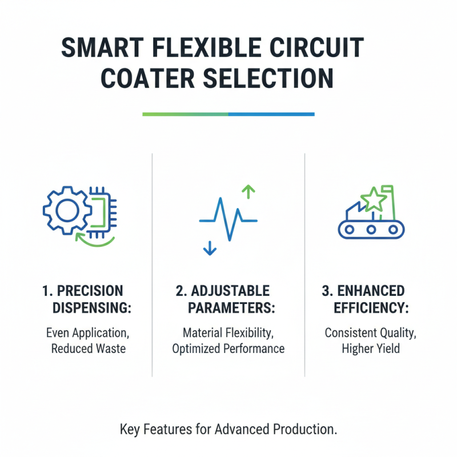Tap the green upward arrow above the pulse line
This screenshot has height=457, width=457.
pyautogui.click(x=247, y=191)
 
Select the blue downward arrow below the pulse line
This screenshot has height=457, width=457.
pyautogui.click(x=209, y=247)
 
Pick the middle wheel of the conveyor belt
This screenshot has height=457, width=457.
pyautogui.click(x=371, y=229)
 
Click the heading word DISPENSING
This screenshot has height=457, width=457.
pyautogui.click(x=92, y=308)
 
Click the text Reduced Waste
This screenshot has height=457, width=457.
pyautogui.click(x=88, y=348)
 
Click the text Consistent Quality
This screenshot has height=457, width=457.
pyautogui.click(x=371, y=332)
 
